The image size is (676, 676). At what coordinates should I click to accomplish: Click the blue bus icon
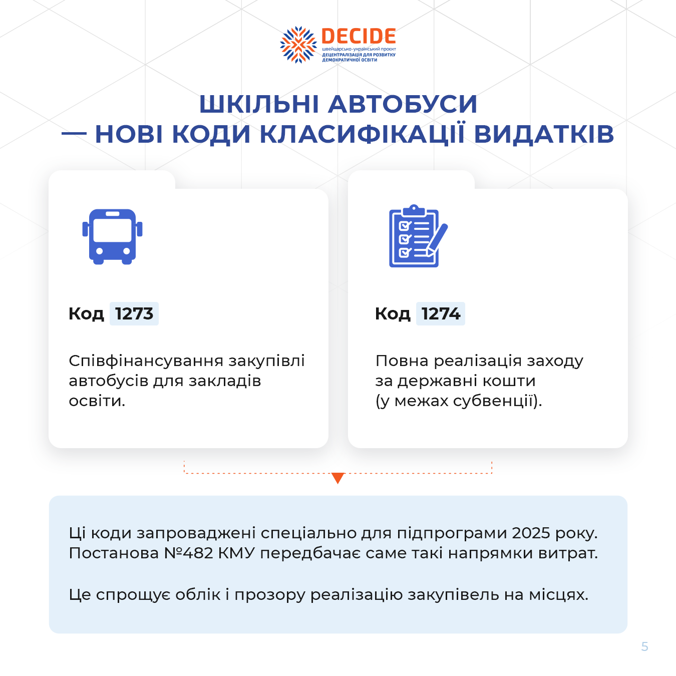pos(112,237)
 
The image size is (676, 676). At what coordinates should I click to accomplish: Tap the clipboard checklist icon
pos(418,236)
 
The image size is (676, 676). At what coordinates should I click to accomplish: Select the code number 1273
pos(134,313)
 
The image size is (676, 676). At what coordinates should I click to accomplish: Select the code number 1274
pos(441,313)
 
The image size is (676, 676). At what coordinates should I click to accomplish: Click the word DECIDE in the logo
pos(359,36)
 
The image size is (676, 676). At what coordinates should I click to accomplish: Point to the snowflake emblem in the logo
pos(298,45)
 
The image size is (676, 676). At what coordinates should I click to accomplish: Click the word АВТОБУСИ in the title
pos(403,104)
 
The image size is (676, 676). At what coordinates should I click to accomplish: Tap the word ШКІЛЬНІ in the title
pos(259,104)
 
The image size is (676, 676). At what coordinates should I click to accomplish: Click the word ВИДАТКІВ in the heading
pos(544,134)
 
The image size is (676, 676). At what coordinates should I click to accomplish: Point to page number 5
pos(644,646)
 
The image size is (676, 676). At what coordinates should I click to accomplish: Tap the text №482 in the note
pos(188,553)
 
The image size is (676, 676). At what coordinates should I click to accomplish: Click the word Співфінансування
pos(146,361)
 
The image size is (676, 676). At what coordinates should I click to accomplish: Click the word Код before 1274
pos(393,313)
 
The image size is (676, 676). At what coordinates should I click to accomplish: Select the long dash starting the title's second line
pos(74,134)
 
